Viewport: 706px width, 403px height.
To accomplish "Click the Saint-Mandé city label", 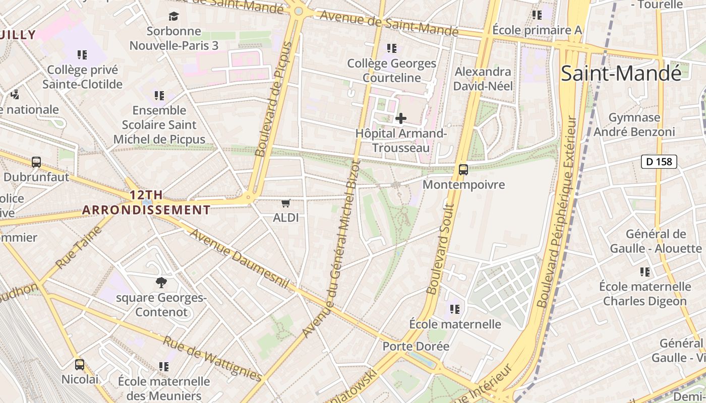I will [x=621, y=74].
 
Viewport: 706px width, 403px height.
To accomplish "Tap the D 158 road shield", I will [x=659, y=162].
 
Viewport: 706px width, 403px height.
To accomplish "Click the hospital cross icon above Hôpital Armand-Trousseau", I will [x=401, y=118].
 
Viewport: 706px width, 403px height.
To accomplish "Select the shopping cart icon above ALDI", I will [x=286, y=204].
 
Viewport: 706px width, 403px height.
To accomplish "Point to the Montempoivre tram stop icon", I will [x=463, y=170].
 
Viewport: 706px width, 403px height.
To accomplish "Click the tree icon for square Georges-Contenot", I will [x=161, y=283].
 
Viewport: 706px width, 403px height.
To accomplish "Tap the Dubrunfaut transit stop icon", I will [x=36, y=162].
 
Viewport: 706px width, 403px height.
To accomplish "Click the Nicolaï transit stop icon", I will [x=80, y=365].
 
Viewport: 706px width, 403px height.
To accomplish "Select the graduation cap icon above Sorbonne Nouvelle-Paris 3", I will [x=174, y=17].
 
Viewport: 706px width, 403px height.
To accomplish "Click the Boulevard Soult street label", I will [x=440, y=249].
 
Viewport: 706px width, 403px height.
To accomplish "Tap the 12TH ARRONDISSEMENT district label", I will [x=146, y=203].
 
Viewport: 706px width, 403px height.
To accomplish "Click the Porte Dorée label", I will [x=416, y=347].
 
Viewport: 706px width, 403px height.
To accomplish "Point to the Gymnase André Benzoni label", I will [x=634, y=124].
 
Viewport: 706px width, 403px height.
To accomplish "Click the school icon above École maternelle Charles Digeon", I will [x=645, y=273].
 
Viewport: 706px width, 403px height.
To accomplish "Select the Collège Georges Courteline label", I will [x=392, y=71].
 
